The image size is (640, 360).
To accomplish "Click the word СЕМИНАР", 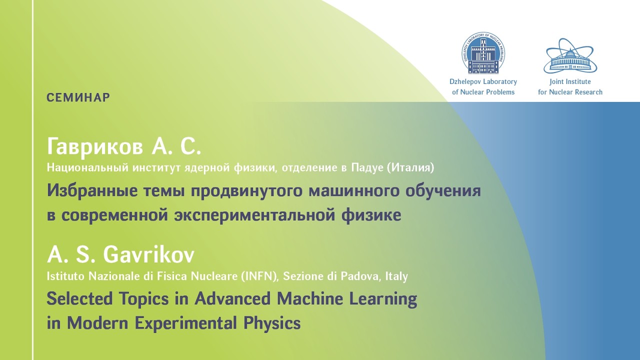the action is pyautogui.click(x=78, y=97).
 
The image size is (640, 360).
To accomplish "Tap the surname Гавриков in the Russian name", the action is pyautogui.click(x=95, y=146).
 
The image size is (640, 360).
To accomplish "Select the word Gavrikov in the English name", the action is pyautogui.click(x=148, y=254).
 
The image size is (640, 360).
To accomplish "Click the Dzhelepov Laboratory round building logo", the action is pyautogui.click(x=483, y=53).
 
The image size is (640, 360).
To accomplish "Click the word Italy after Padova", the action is pyautogui.click(x=396, y=276).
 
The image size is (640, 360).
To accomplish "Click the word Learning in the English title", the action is pyautogui.click(x=383, y=299).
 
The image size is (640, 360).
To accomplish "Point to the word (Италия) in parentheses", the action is pyautogui.click(x=410, y=167).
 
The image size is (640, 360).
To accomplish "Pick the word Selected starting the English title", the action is pyautogui.click(x=79, y=298).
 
